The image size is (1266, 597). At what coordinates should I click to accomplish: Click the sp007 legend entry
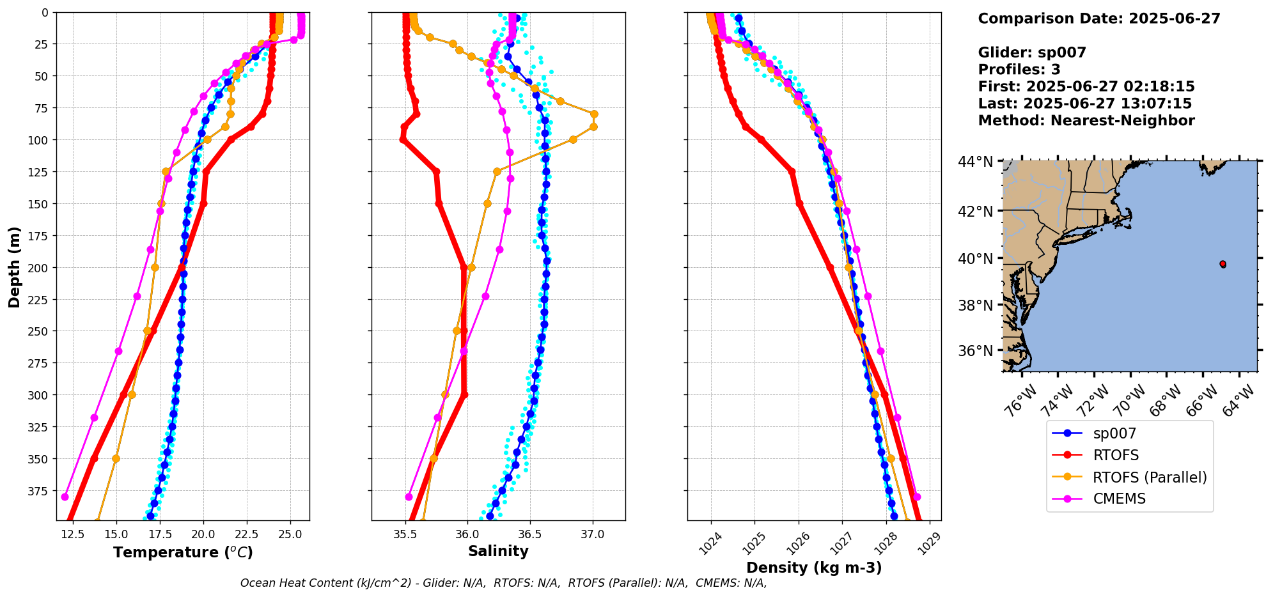coord(1114,433)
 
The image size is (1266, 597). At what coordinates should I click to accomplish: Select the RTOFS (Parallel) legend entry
coord(1150,477)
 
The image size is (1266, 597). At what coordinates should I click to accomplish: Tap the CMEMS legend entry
coord(1119,499)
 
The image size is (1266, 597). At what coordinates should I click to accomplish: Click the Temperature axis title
coord(183,552)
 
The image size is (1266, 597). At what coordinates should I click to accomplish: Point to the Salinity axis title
coord(498,551)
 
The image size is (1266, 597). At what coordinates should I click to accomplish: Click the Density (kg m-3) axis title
coord(814,568)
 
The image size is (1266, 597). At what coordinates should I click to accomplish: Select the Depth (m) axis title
coord(14,267)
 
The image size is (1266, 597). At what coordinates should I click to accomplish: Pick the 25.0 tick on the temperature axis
coord(290,534)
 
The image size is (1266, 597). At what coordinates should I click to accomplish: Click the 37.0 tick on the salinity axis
coord(592,534)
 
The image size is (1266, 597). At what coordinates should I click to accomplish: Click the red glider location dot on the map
coord(1223,264)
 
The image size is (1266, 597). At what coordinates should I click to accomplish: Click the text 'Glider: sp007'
coord(1032,52)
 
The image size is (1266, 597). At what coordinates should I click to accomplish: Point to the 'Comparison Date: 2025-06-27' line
coord(1099,19)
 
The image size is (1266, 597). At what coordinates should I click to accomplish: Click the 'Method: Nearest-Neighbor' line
coord(1086,120)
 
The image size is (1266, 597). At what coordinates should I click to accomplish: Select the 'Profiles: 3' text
coord(1019,70)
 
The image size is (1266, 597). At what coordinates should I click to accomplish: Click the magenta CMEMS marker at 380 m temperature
coord(65,497)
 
